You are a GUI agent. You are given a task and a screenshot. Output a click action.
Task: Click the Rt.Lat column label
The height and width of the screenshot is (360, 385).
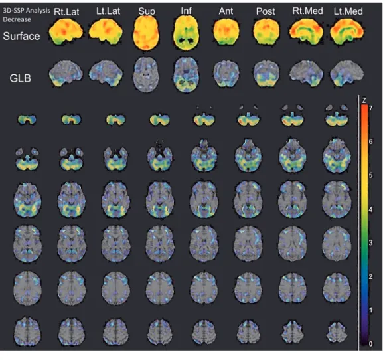(66, 11)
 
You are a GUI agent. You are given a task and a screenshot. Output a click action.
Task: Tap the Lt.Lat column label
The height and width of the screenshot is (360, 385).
(108, 11)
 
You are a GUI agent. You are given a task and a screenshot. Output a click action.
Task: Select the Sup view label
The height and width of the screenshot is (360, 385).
(147, 11)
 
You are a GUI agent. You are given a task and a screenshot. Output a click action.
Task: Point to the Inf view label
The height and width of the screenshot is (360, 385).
(186, 11)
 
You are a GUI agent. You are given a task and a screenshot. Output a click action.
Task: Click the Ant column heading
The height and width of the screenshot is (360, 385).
(226, 11)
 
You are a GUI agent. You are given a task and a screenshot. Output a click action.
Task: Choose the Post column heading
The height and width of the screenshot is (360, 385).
(266, 11)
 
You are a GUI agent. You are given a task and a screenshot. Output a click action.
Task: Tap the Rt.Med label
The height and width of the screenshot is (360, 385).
(307, 11)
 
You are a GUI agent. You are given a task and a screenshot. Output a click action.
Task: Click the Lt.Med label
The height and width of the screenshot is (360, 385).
(348, 11)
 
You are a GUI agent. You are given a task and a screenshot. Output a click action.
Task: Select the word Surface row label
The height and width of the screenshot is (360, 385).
(21, 36)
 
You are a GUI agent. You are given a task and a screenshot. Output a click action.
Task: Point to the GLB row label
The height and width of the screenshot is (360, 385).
(21, 78)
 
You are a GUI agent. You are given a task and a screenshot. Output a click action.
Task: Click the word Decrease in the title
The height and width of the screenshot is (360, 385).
(17, 19)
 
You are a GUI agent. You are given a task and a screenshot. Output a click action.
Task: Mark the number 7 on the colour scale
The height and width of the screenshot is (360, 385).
(370, 108)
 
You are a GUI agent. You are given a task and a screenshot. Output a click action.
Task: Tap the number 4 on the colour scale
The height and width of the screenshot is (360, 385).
(370, 209)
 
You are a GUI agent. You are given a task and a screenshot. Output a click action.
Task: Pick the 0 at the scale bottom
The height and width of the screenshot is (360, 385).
(370, 344)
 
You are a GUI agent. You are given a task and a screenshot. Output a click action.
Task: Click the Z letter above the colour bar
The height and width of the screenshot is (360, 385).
(364, 100)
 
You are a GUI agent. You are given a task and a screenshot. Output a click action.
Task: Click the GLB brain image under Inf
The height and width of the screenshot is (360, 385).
(187, 74)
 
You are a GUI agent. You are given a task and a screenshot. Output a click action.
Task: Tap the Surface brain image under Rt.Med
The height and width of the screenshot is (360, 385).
(307, 32)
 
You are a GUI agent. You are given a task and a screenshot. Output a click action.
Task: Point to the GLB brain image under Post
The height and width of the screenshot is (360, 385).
(266, 74)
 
